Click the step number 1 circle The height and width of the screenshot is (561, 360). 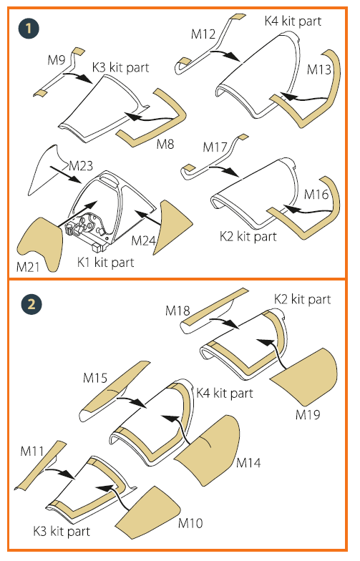29,29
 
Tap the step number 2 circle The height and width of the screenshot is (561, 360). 31,305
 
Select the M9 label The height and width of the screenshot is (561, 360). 56,60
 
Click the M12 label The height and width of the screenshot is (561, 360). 203,34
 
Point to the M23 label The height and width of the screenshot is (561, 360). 81,166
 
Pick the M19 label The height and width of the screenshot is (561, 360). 308,414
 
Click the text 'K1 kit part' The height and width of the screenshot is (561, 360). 105,262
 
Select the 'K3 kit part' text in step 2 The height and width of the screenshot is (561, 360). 62,531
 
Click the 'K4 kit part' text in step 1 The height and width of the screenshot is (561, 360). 293,21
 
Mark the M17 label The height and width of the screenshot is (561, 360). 215,147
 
